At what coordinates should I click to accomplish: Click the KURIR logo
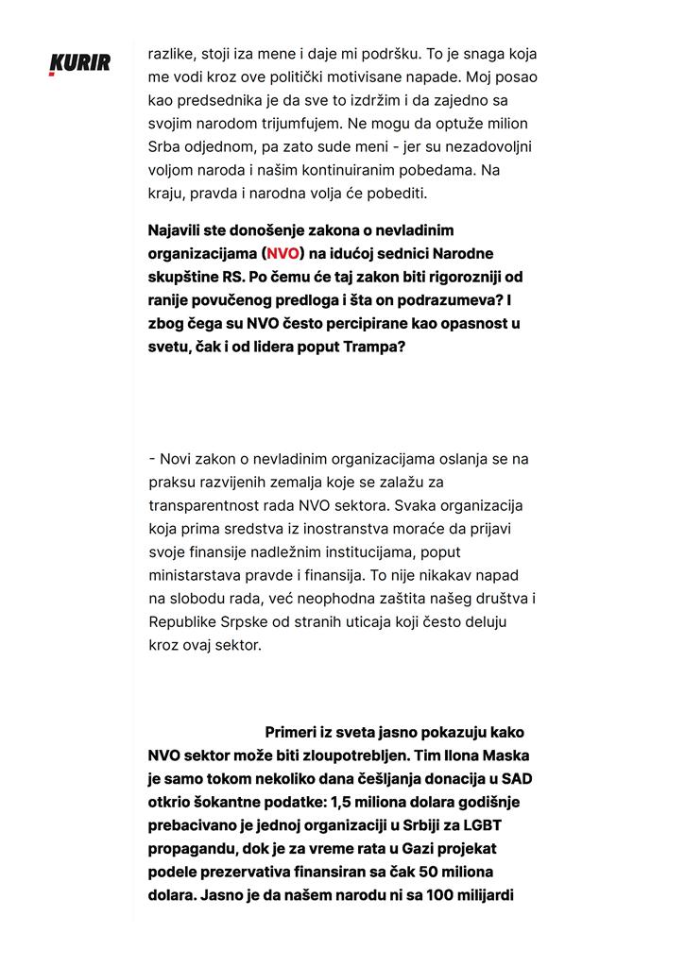(79, 64)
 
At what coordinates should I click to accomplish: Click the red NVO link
(283, 253)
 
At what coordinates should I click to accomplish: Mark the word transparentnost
(206, 505)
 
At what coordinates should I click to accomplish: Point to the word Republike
(187, 621)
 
